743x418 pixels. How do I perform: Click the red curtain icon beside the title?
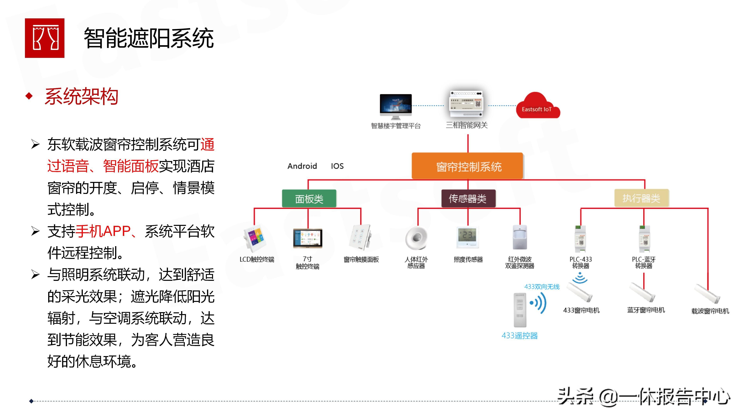[45, 38]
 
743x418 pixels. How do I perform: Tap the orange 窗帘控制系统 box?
[467, 166]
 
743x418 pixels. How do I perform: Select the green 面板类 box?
[309, 199]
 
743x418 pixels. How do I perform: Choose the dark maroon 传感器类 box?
[468, 199]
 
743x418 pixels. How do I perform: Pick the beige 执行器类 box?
[641, 198]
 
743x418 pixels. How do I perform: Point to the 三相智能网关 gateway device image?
[466, 104]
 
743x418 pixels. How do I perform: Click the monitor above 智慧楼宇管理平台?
[395, 105]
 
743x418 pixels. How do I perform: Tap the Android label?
[302, 166]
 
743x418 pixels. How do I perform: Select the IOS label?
[337, 166]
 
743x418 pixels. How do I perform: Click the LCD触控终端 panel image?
[254, 239]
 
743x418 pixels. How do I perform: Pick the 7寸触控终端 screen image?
[307, 238]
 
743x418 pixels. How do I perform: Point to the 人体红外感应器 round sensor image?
[416, 238]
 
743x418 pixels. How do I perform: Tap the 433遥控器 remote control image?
[520, 310]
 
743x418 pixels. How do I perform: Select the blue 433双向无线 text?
[542, 286]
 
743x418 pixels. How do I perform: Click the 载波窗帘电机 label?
[710, 311]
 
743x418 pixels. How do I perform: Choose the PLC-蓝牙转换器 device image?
[644, 239]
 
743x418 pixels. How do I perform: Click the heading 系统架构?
[82, 96]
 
